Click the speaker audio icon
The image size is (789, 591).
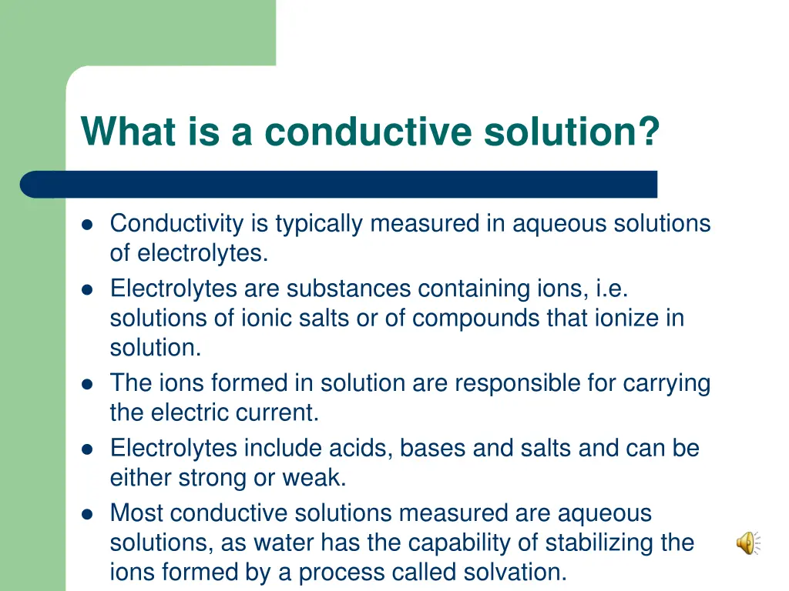point(747,544)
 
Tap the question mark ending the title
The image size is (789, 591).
point(650,131)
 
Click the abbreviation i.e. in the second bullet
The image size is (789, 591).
point(612,289)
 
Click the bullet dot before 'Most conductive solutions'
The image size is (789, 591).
point(87,513)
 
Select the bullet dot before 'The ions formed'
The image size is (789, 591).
point(87,383)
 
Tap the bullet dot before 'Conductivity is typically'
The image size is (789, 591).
point(87,225)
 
